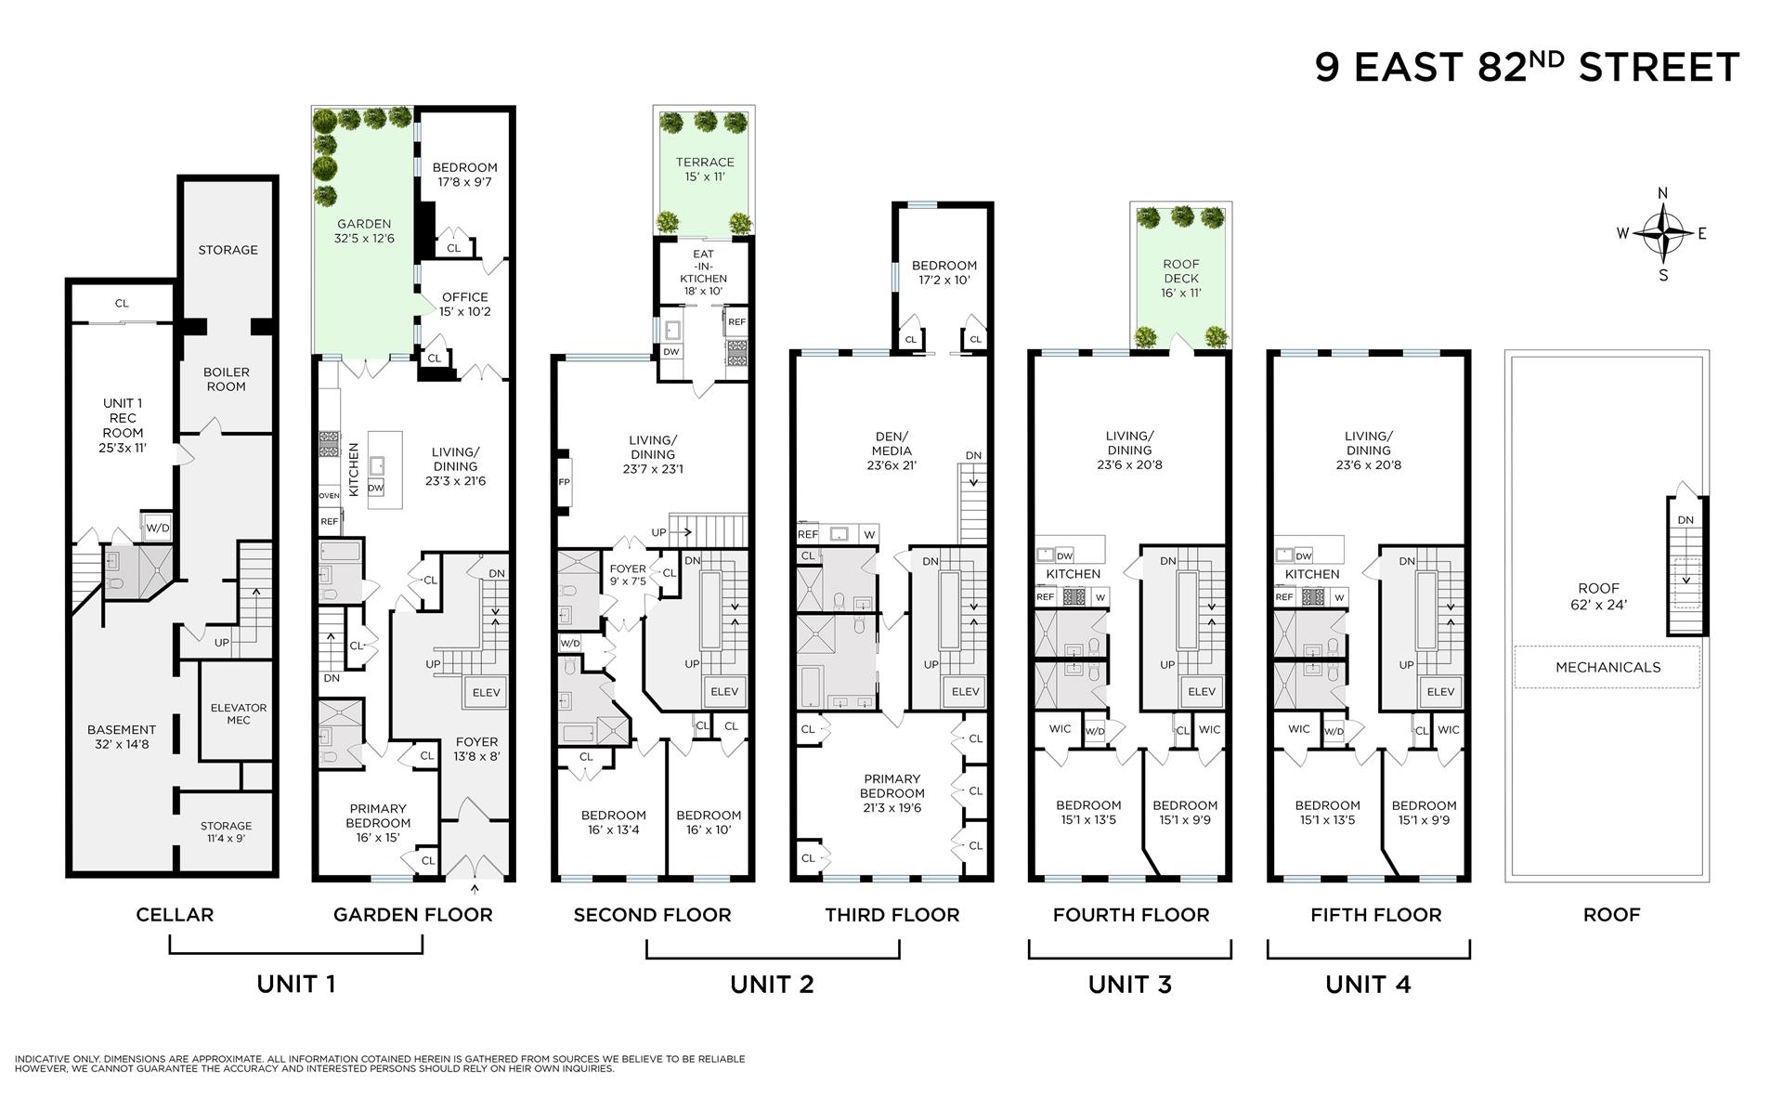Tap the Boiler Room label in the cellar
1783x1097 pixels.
pos(227,379)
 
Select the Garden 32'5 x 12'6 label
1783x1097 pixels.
pos(363,231)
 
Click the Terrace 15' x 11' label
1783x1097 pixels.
pos(705,169)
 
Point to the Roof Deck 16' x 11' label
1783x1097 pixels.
pos(1181,278)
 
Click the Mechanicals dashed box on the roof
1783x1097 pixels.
pos(1607,667)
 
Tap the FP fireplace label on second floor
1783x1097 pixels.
pos(564,483)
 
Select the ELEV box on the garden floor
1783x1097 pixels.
pos(487,692)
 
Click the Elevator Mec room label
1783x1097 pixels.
pos(239,713)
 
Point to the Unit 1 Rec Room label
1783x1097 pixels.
pos(123,425)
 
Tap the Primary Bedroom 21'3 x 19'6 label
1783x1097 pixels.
pos(891,793)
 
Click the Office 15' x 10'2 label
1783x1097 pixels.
pos(464,304)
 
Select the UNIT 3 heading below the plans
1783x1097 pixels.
pos(1130,985)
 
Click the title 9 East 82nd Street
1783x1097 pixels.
pos(1527,68)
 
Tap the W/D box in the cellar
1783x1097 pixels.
pos(158,528)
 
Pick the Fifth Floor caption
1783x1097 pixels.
pos(1375,915)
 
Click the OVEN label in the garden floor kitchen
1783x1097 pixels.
pos(329,496)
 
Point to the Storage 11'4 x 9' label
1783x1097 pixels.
pos(226,831)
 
